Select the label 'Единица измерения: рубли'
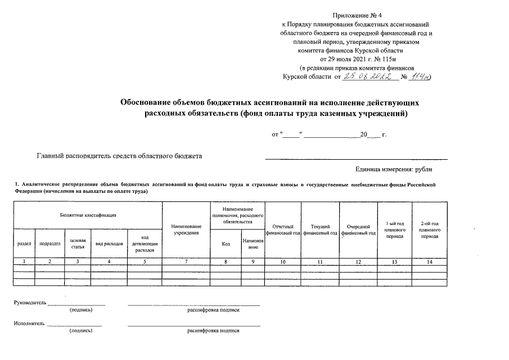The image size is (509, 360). click(394, 169)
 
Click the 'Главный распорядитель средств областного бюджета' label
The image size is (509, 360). click(119, 156)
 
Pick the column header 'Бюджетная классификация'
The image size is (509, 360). click(88, 215)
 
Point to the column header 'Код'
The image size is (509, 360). click(226, 244)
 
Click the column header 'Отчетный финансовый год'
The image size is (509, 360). click(283, 229)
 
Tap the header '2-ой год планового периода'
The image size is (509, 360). click(429, 229)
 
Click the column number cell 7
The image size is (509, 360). click(186, 262)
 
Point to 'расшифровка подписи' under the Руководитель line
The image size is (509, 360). click(213, 310)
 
